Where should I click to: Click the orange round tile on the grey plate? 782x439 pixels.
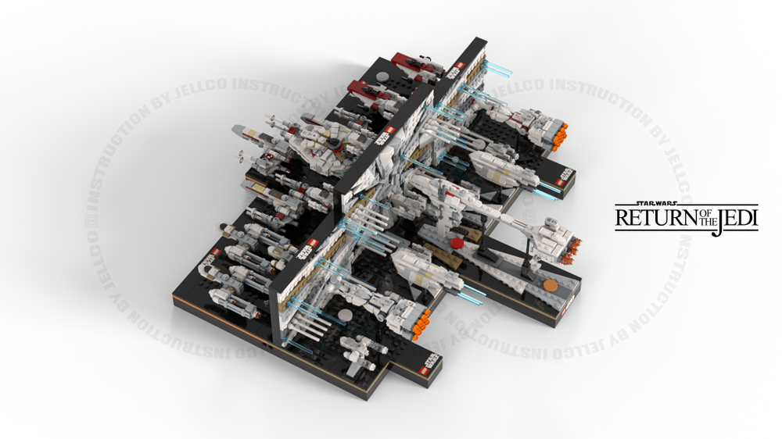point(551,287)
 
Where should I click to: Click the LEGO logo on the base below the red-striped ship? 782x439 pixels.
point(562,177)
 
